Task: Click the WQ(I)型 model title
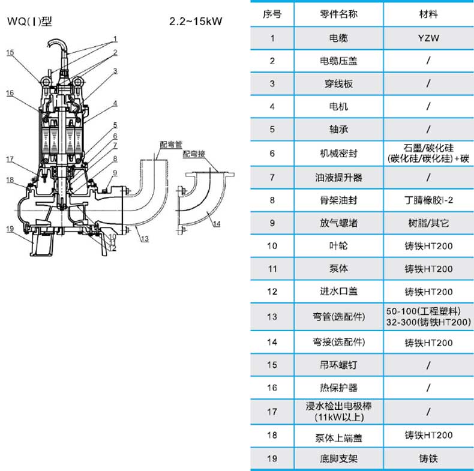pos(29,22)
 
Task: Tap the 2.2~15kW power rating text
pos(196,22)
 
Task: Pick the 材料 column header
pos(428,14)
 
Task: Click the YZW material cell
pos(428,38)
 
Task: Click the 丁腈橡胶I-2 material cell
pos(428,200)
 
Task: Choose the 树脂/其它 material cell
pos(428,223)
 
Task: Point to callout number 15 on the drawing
pos(10,53)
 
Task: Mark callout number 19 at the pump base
pos(10,228)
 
